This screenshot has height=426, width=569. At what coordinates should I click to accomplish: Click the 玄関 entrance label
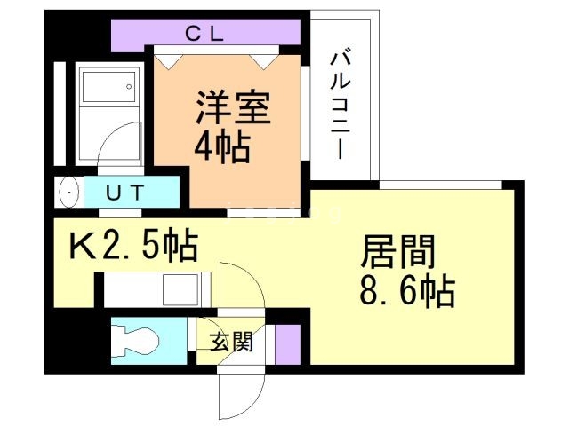[232, 342]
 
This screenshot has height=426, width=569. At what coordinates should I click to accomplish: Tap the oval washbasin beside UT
[68, 191]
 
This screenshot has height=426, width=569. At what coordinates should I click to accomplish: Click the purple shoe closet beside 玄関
[287, 343]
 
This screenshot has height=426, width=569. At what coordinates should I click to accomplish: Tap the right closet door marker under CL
[262, 59]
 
